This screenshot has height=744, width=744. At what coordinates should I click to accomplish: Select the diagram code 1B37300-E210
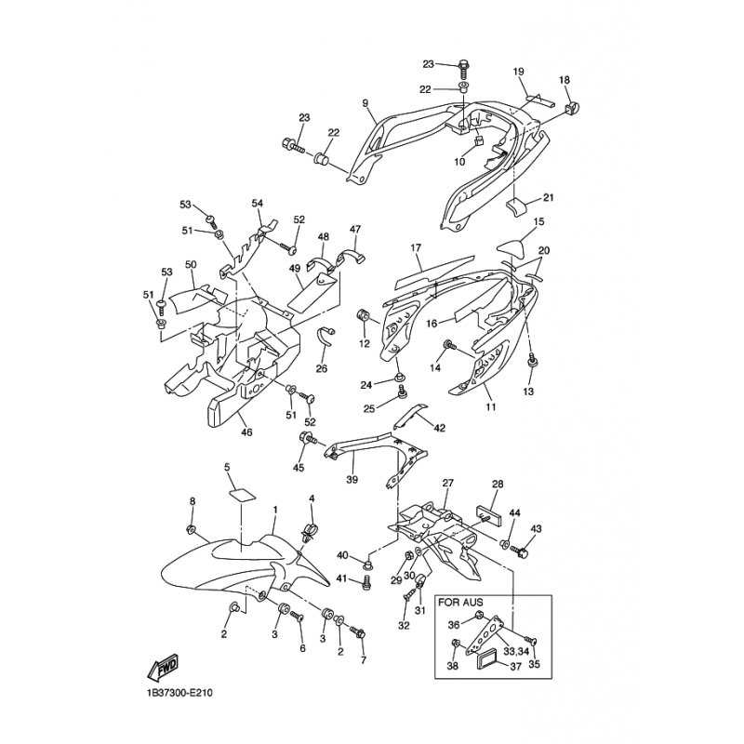179,693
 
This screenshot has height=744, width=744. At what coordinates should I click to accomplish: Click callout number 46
246,432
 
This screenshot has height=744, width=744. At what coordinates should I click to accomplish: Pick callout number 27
448,483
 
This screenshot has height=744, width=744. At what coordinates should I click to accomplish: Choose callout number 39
352,480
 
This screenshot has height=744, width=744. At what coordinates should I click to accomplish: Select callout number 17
416,247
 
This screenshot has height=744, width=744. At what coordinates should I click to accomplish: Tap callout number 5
227,468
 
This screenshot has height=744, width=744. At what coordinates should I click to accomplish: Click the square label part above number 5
242,495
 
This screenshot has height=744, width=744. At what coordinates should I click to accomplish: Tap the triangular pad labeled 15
512,247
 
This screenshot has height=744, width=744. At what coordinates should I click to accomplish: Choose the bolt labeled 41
365,580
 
